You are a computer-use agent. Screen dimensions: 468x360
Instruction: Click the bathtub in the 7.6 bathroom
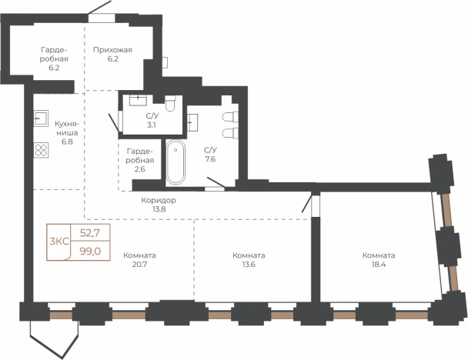pos(175,162)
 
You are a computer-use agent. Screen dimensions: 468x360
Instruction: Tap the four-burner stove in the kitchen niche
pos(42,150)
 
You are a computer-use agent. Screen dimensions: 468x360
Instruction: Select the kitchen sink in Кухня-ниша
pos(41,118)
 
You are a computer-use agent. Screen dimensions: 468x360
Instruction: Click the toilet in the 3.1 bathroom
pos(170,104)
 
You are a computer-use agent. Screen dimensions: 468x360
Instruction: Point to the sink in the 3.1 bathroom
pos(138,101)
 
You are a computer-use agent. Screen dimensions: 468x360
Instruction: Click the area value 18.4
pos(379,265)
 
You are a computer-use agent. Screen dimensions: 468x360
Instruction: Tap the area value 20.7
pos(139,265)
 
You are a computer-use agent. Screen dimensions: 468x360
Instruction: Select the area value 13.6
pos(249,265)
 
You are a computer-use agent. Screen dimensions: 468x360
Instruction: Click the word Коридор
pos(159,200)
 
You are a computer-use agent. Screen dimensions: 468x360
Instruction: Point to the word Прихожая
pos(112,50)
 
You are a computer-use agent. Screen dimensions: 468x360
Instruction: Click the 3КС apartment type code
pos(59,242)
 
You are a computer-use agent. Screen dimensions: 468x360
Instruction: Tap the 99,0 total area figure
pos(90,252)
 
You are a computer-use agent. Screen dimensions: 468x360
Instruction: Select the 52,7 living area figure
pos(90,232)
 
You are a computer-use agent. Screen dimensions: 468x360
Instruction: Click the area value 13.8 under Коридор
pos(159,209)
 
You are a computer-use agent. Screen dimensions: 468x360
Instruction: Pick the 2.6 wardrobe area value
pos(139,169)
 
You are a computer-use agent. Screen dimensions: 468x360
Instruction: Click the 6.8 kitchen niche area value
pos(67,142)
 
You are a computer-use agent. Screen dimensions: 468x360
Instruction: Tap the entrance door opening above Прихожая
pos(102,18)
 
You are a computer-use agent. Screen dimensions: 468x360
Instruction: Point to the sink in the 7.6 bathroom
pos(192,122)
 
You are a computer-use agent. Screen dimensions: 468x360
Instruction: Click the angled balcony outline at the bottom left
pos(55,339)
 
